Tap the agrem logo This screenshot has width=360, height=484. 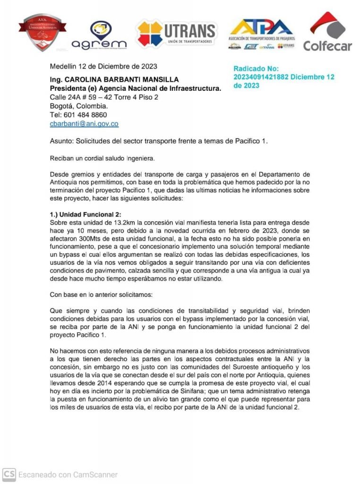coord(99,36)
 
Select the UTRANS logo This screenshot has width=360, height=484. coord(176,34)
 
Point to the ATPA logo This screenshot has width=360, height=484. coord(261,34)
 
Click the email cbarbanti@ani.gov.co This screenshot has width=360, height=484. coord(84,124)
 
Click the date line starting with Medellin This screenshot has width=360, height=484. coord(103,66)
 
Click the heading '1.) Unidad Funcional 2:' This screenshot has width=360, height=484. coord(86,214)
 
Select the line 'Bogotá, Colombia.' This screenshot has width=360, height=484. coord(79,106)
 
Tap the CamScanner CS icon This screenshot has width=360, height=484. coord(9,474)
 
